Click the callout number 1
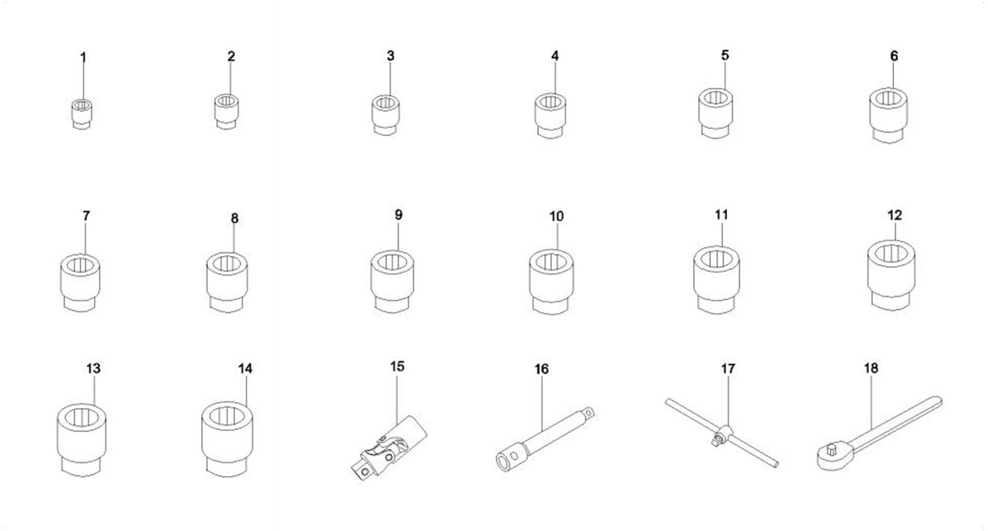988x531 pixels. click(x=83, y=58)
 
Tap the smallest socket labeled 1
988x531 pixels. click(x=82, y=114)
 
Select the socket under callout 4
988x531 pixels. click(x=550, y=116)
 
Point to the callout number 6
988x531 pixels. click(x=894, y=56)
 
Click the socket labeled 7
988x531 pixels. click(x=79, y=283)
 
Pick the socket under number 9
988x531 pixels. click(x=392, y=281)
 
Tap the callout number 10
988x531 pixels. click(x=556, y=216)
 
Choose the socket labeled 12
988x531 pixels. click(x=891, y=275)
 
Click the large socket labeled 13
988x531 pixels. click(x=82, y=439)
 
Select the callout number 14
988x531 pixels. click(x=246, y=368)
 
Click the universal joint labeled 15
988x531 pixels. click(x=389, y=447)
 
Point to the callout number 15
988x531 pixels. click(x=397, y=366)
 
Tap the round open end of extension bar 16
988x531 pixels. click(x=503, y=462)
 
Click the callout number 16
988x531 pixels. click(x=541, y=369)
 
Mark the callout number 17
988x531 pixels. click(x=728, y=368)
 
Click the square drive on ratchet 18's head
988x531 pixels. click(x=832, y=450)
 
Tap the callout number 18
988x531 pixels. click(x=870, y=368)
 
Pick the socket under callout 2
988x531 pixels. click(x=227, y=112)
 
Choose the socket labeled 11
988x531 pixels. click(x=716, y=280)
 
